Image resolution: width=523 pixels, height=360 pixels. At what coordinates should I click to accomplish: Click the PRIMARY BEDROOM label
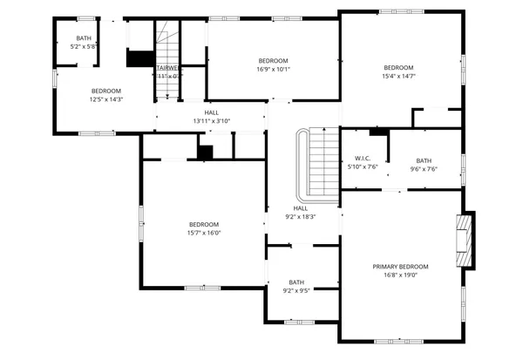coord(400,267)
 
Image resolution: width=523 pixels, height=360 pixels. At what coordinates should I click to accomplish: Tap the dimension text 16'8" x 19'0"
coord(400,275)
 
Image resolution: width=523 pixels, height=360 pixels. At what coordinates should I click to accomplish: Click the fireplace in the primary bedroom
coord(465,240)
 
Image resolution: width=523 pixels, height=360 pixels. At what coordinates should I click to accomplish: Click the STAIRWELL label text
coord(167,68)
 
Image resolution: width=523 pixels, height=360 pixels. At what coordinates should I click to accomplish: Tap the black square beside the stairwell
coord(139,58)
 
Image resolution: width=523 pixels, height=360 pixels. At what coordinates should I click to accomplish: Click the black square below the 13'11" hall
coord(205,152)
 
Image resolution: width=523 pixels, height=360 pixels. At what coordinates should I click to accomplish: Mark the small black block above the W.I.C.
coord(377,132)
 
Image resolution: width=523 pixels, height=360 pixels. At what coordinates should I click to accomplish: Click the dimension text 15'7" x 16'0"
coord(203,233)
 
